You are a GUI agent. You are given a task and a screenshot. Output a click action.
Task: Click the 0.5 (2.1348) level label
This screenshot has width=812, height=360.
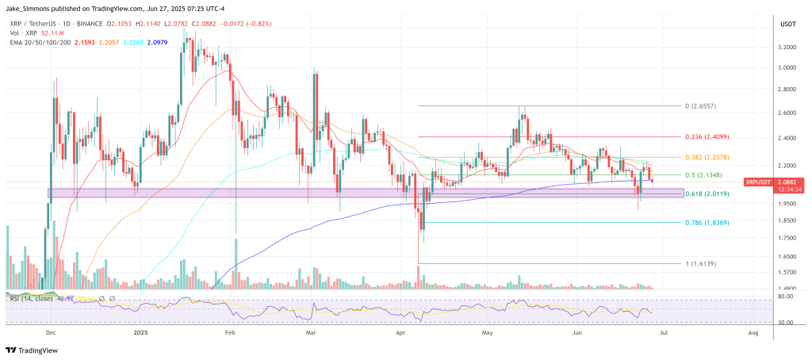click(703, 175)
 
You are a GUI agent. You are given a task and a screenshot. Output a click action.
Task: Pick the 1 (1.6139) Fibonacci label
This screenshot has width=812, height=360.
click(702, 263)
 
